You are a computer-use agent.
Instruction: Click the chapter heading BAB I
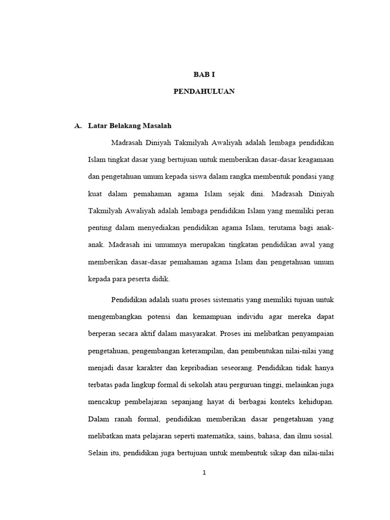tap(205, 74)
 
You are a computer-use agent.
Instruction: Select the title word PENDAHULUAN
tap(204, 92)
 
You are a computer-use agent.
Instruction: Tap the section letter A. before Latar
tap(78, 125)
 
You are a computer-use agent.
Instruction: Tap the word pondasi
tap(301, 177)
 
